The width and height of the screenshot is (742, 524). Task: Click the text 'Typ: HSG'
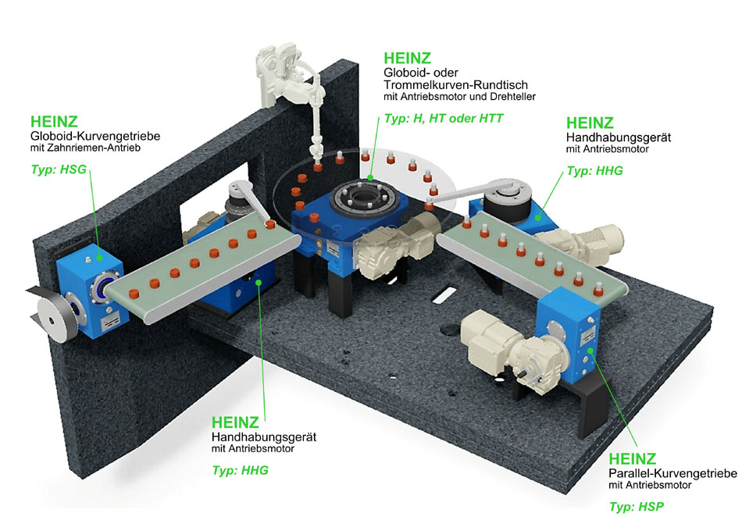tap(59, 169)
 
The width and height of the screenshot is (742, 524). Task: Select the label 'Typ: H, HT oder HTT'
tap(444, 118)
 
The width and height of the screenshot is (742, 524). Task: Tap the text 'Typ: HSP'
tap(637, 507)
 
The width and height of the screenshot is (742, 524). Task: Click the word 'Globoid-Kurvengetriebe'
tap(95, 136)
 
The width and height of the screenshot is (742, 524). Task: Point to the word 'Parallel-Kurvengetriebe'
tap(673, 473)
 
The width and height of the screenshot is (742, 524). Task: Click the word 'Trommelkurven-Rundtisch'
tap(455, 85)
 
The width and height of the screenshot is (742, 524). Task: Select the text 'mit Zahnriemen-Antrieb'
tap(85, 148)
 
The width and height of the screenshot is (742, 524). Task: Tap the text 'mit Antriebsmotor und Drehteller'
tap(459, 97)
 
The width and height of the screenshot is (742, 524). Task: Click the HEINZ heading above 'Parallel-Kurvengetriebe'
tap(632, 458)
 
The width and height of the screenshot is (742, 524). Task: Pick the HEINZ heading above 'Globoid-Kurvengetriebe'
tap(54, 122)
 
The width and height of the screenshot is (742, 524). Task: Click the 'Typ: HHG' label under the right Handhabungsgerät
tap(595, 171)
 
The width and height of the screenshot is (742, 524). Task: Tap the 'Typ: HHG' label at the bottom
tap(240, 471)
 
